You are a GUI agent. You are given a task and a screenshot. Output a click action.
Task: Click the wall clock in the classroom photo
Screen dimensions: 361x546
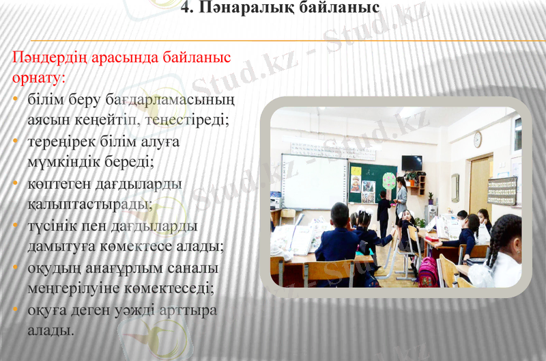click(x=478, y=139)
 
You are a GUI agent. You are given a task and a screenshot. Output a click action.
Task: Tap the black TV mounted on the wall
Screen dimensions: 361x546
click(x=412, y=163)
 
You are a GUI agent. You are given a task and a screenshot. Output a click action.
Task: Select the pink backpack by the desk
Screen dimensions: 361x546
click(x=429, y=271)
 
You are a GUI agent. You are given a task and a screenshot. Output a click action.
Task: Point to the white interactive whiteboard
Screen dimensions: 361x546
click(x=315, y=180)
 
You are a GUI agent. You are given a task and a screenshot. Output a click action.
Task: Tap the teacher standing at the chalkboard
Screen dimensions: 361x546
click(x=401, y=198)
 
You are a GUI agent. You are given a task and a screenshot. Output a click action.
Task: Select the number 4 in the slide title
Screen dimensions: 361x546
click(x=186, y=9)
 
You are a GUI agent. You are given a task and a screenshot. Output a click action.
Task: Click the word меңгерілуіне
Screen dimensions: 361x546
click(x=75, y=289)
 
